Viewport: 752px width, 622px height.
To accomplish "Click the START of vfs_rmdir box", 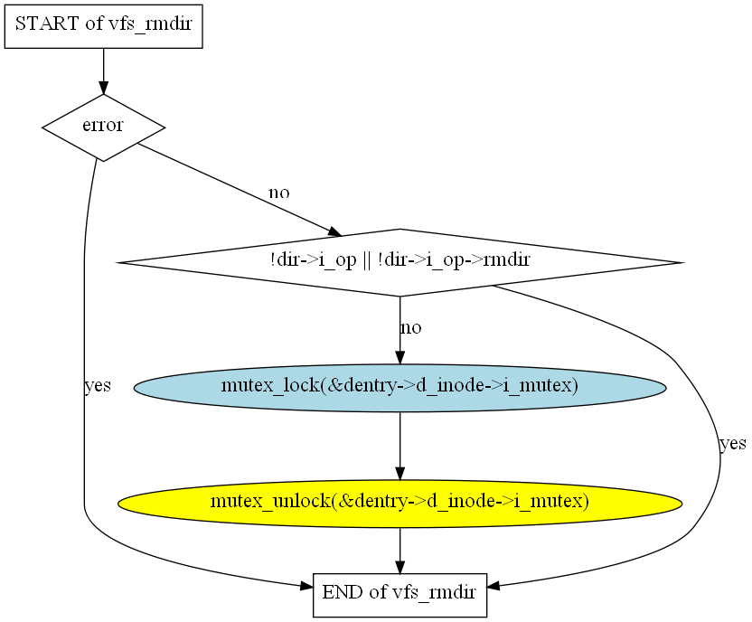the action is point(104,26).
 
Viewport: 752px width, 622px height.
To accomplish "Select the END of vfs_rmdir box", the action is point(400,595).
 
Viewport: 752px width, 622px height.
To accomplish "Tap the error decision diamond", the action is point(104,127).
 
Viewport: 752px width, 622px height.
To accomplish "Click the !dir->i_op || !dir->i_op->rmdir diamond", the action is point(400,263).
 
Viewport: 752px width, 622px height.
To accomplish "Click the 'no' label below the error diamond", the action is point(279,193).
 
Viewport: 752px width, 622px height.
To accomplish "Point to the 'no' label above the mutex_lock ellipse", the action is point(411,328).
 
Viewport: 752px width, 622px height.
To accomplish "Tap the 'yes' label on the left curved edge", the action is point(98,385).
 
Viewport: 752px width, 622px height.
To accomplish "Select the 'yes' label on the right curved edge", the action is point(733,444).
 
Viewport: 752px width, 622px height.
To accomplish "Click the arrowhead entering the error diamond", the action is point(104,88).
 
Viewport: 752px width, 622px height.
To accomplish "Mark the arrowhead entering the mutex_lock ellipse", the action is point(400,358).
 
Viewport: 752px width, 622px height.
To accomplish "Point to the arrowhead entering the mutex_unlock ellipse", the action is point(400,474).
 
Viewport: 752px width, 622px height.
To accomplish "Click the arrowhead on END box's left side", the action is point(306,586).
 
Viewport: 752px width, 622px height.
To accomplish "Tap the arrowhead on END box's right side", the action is point(494,586).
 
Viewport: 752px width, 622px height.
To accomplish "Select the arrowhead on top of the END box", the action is point(400,568).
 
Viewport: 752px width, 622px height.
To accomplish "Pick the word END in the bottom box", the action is point(343,592).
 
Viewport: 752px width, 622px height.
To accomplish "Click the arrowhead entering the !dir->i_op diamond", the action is point(335,232).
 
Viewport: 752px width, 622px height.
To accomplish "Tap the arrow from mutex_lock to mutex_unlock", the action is point(400,446).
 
